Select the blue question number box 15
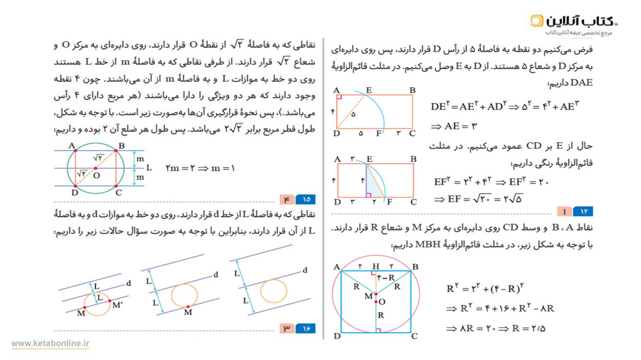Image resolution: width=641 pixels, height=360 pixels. tap(306, 199)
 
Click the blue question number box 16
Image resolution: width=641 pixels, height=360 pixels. tap(306, 328)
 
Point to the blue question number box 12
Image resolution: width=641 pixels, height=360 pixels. tap(584, 211)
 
